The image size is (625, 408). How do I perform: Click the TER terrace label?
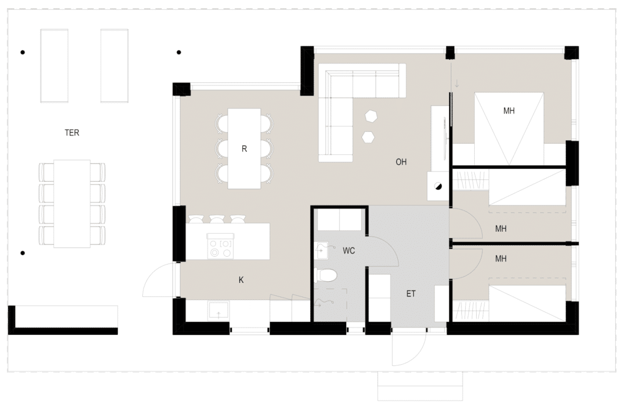coord(72,133)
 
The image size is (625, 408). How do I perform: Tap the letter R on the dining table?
coord(244,149)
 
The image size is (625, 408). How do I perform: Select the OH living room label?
coord(401,162)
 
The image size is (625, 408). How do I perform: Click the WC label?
coord(349,251)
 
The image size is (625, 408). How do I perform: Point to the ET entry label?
coord(411,293)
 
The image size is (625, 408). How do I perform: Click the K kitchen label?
coord(241,280)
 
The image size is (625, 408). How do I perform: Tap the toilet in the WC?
coord(326,275)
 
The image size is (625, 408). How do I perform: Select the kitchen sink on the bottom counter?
coord(218,310)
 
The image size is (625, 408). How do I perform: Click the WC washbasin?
coord(321,251)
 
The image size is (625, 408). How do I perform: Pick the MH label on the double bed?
coord(508,111)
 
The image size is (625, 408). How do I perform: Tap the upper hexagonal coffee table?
coord(371,115)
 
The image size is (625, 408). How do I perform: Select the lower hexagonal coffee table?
coord(368,137)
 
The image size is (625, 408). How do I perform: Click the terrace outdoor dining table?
coord(72,204)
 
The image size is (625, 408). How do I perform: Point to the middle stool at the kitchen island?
coord(217,219)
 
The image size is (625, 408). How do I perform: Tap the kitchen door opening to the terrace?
coord(158,280)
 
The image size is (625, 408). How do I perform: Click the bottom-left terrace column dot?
coord(23,253)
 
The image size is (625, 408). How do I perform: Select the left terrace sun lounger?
coord(54,65)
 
